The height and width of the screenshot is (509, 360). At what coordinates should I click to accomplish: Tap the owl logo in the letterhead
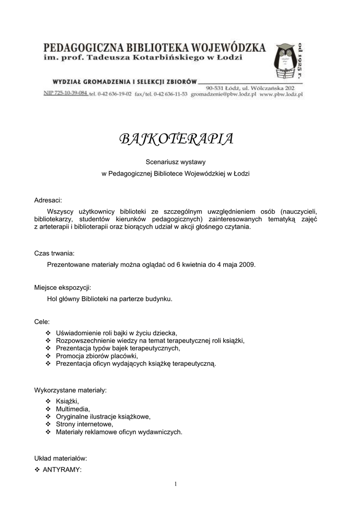[x=284, y=63]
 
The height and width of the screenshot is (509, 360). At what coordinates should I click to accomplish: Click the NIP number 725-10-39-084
[x=65, y=93]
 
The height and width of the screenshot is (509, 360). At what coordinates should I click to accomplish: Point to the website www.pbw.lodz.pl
[x=281, y=94]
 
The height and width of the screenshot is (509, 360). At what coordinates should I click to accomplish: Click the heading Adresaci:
[x=48, y=200]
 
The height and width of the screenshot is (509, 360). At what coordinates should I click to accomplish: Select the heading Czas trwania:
[x=54, y=253]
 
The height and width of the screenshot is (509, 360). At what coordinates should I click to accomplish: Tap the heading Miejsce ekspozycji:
[x=62, y=287]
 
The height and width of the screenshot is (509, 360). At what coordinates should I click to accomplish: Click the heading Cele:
[x=42, y=322]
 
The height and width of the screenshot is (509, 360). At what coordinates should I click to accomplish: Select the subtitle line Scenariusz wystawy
[x=176, y=162]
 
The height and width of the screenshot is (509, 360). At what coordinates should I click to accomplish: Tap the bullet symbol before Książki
[x=48, y=401]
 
